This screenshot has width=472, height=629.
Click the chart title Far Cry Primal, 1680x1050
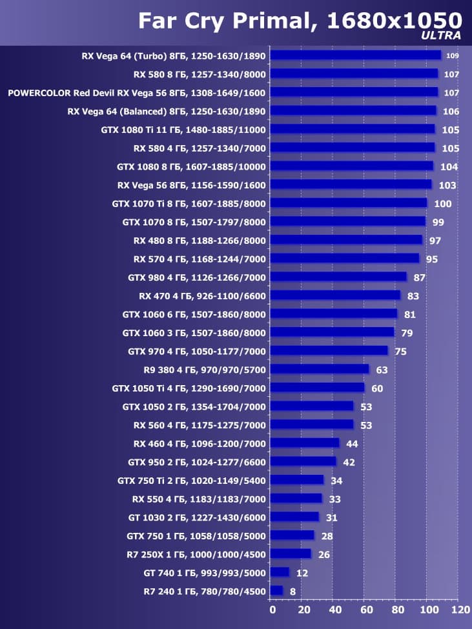(300, 21)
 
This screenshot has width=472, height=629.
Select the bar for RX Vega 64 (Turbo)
(355, 55)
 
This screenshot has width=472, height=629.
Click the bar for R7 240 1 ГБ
(276, 591)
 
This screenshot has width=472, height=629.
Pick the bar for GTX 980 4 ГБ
(338, 277)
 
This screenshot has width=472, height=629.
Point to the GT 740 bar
(280, 572)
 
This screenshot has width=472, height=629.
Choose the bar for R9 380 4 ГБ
(320, 369)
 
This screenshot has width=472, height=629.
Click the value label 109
(452, 55)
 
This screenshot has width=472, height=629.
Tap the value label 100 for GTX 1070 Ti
(443, 204)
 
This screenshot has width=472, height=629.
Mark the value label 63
(382, 370)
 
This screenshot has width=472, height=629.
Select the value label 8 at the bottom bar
(292, 592)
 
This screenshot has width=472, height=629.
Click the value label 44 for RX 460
(352, 444)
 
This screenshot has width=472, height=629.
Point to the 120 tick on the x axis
(460, 610)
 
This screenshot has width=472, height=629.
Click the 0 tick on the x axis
(272, 610)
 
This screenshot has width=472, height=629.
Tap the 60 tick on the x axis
(365, 610)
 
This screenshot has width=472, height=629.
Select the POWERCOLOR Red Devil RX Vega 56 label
(137, 93)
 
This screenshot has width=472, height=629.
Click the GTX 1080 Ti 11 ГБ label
(183, 130)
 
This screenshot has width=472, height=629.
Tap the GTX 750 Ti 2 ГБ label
(192, 481)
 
